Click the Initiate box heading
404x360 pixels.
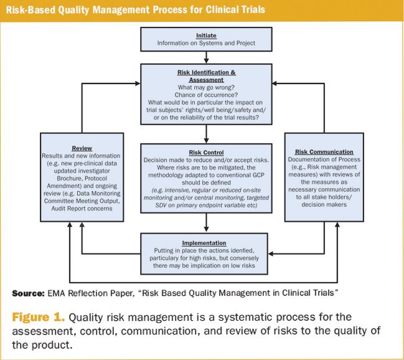point(205,35)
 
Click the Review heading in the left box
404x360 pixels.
point(82,148)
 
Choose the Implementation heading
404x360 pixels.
point(205,242)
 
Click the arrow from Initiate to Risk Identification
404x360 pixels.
point(205,57)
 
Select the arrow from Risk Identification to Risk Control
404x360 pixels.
point(205,133)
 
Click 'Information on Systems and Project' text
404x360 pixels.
point(205,43)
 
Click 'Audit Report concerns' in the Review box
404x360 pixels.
point(82,209)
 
